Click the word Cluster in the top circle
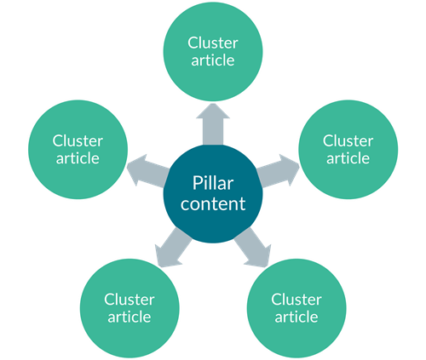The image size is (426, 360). (x=212, y=43)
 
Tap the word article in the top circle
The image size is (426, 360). (x=212, y=60)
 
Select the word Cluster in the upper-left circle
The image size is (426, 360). (x=78, y=140)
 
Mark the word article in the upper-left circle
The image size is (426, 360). (x=78, y=158)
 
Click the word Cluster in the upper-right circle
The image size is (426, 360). (x=348, y=140)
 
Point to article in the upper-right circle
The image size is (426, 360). (x=348, y=158)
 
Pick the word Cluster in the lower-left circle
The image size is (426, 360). (x=130, y=300)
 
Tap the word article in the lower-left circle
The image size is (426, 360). (x=130, y=317)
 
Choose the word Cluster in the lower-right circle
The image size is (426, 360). (x=296, y=300)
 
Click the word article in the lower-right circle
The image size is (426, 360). (x=296, y=317)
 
